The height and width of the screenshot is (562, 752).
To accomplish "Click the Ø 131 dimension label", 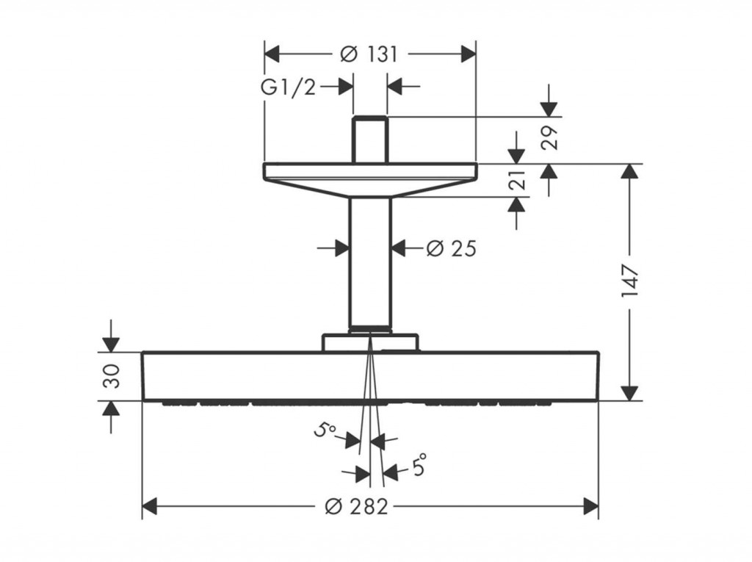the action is click(369, 54).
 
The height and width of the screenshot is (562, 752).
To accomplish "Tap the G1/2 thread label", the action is click(288, 87).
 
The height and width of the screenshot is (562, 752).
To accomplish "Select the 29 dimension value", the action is click(549, 137).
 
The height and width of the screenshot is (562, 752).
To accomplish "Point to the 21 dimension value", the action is click(518, 180).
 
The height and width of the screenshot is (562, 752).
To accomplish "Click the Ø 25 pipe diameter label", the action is click(452, 248).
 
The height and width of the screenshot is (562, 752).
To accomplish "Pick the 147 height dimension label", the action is click(629, 281).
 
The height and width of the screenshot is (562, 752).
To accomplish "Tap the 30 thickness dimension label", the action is click(112, 376).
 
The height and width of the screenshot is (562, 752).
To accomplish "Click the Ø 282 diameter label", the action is click(356, 506).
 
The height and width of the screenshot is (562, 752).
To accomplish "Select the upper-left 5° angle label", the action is click(325, 430).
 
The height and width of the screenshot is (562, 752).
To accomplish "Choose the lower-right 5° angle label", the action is click(418, 464).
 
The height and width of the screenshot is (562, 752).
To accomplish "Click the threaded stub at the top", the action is click(370, 140).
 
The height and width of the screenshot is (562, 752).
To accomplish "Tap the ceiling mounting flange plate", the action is click(370, 180).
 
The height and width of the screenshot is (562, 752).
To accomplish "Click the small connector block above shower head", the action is click(370, 342).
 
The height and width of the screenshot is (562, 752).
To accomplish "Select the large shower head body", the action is click(370, 376).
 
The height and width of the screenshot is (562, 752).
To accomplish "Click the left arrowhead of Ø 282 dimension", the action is click(150, 506).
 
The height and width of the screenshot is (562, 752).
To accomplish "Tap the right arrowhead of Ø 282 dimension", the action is click(591, 506).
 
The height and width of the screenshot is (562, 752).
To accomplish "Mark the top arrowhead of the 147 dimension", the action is click(629, 171).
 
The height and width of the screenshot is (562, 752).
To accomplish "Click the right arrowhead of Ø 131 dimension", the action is click(468, 54).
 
